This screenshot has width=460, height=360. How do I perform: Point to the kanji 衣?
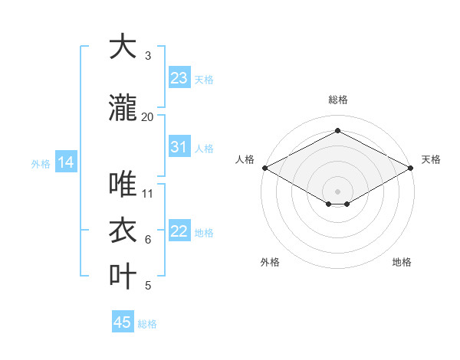123,231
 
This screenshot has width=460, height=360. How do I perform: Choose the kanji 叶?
123,276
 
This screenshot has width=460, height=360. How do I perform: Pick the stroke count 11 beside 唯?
148,194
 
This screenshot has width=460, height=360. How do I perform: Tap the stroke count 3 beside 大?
148,56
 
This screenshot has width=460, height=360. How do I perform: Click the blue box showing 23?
179,77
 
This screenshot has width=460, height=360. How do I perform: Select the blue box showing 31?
179,146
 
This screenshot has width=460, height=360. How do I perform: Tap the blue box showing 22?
179,231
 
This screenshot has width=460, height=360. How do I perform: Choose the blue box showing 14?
66,162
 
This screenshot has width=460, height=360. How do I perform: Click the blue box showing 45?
123,322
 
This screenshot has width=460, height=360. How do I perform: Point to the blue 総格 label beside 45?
148,324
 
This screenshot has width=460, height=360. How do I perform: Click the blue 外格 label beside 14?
41,163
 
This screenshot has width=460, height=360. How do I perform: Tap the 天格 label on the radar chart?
431,159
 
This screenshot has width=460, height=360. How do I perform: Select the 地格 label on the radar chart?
402,262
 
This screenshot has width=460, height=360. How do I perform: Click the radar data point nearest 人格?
264,168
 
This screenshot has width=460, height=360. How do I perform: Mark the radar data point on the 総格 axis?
337,131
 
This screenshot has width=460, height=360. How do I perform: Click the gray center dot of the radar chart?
337,190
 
